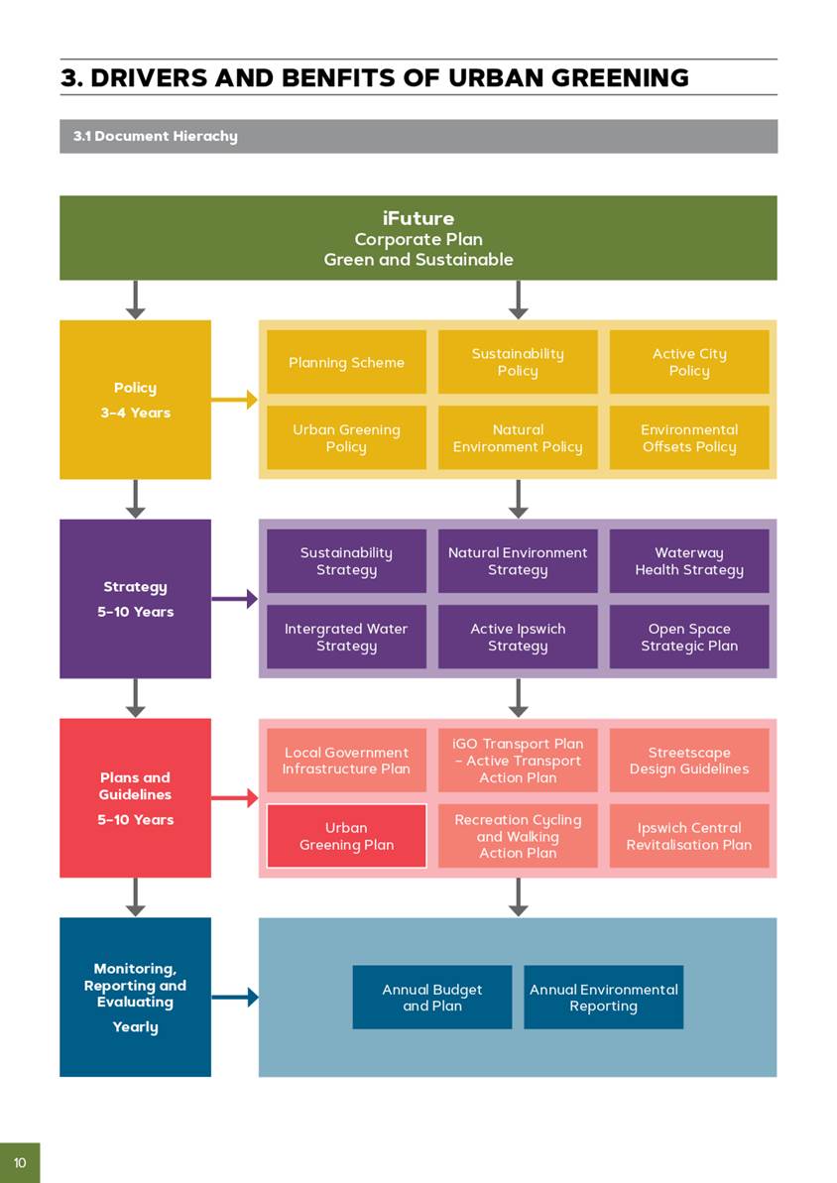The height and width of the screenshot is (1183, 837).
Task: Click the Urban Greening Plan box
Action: (x=346, y=836)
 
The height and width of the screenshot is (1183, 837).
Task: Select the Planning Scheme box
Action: (x=346, y=362)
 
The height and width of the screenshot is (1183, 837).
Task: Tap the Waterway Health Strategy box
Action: (x=689, y=561)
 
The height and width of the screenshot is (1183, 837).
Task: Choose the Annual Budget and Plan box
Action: (x=432, y=998)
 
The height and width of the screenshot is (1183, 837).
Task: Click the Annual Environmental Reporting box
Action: (x=603, y=998)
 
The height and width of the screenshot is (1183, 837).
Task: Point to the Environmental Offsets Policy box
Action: (x=689, y=438)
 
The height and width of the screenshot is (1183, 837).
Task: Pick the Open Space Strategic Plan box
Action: (x=689, y=637)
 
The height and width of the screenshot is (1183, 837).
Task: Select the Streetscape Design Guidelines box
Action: (x=689, y=761)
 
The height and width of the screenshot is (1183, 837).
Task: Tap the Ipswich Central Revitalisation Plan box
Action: (x=689, y=836)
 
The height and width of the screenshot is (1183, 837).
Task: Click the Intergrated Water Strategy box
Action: (x=346, y=637)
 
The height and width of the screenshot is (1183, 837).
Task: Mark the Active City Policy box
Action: (x=689, y=362)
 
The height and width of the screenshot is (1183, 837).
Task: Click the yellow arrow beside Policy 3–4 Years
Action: (x=235, y=400)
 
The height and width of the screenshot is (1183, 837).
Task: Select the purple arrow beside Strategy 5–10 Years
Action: (x=235, y=599)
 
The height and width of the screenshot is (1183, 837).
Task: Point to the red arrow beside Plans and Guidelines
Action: (x=235, y=798)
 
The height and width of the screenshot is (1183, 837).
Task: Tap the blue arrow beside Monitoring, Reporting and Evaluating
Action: (x=235, y=997)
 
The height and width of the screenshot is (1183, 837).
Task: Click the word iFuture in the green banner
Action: (x=418, y=218)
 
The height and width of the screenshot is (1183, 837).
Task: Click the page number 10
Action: (x=20, y=1162)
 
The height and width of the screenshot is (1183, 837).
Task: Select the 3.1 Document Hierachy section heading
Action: (x=156, y=136)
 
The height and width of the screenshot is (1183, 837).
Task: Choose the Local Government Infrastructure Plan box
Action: (x=346, y=761)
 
